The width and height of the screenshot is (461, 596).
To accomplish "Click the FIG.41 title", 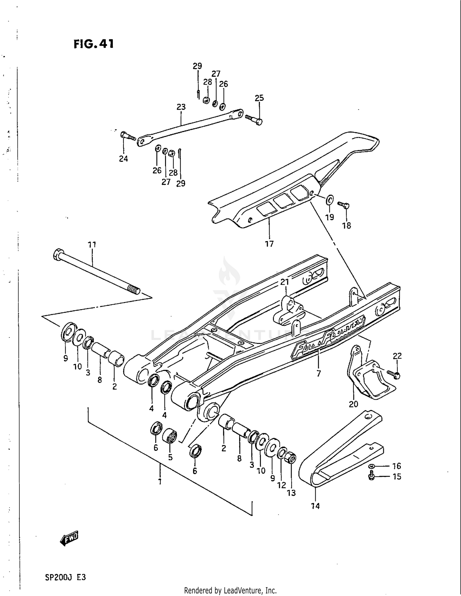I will tap(94, 44).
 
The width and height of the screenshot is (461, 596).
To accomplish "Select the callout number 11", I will tap(92, 245).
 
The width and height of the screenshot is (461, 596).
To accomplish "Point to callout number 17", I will tap(269, 244).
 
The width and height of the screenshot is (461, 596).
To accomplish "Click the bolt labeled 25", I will tap(254, 119).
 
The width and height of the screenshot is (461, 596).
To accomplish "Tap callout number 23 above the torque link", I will tap(181, 107).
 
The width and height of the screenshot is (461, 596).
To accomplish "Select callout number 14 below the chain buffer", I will tap(315, 506).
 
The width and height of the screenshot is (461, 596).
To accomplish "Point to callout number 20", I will tap(353, 404).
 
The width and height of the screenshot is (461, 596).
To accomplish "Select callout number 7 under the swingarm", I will tap(318, 374).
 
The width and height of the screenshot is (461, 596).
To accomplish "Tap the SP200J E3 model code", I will tap(65, 577).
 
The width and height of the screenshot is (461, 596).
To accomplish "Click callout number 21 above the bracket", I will tap(285, 282).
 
